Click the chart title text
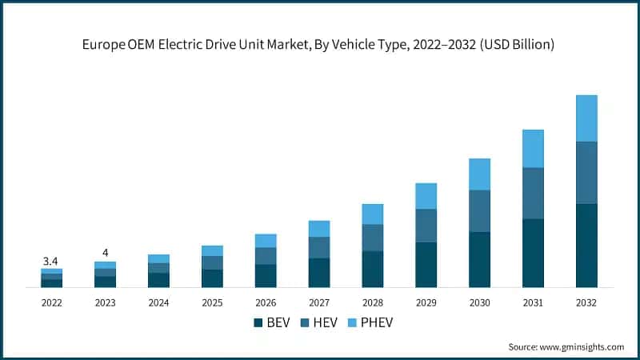(319, 45)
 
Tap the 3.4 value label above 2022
(50, 261)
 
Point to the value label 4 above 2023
(105, 253)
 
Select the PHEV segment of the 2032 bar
(586, 118)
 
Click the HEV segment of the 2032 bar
(586, 173)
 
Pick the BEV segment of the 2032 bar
(586, 246)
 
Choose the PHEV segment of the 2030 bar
(479, 174)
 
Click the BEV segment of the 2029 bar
(426, 265)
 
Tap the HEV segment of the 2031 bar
(533, 193)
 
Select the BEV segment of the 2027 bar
(319, 273)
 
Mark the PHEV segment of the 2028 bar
(372, 214)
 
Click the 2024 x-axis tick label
(158, 303)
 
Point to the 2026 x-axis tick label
(266, 303)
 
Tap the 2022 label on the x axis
(51, 303)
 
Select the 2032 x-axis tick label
(586, 303)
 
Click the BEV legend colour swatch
(258, 322)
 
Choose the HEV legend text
(326, 322)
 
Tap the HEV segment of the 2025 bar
(212, 262)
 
